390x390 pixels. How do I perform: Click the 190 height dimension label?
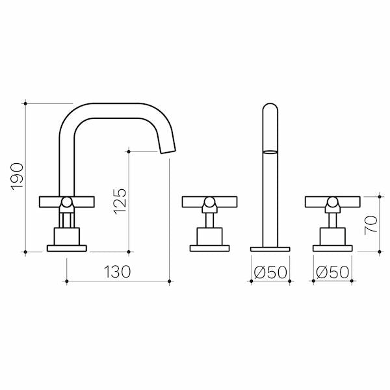coord(18,177)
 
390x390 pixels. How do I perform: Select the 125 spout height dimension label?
coord(120,201)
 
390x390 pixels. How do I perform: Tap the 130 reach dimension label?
coord(117,272)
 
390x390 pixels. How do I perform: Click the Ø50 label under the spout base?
coord(270,272)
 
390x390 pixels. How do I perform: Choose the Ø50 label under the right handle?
coord(332,272)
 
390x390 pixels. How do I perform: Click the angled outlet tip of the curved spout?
coord(168,151)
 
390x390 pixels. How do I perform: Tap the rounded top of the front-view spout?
coord(270,107)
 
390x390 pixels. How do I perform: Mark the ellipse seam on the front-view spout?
coord(270,152)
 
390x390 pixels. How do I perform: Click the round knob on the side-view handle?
coord(66,202)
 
